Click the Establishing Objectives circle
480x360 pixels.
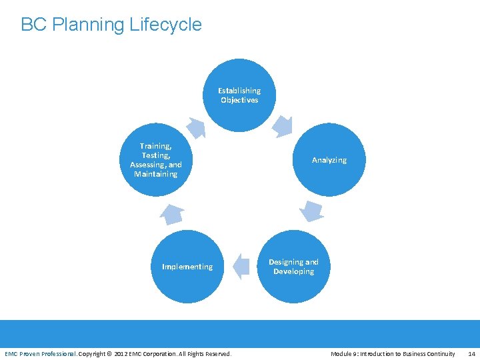[x=239, y=95]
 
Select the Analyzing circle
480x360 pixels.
[x=329, y=160]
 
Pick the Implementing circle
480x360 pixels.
[x=187, y=267]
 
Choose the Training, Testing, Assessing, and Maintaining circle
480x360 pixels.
[x=155, y=160]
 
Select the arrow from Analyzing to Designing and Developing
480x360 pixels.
[x=311, y=210]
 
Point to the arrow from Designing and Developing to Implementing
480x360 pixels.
[x=241, y=266]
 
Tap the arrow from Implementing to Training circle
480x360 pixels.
[x=172, y=213]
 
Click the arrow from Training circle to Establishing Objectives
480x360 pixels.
[x=196, y=127]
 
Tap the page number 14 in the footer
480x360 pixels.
[x=471, y=353]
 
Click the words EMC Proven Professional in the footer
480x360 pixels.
[x=40, y=353]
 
